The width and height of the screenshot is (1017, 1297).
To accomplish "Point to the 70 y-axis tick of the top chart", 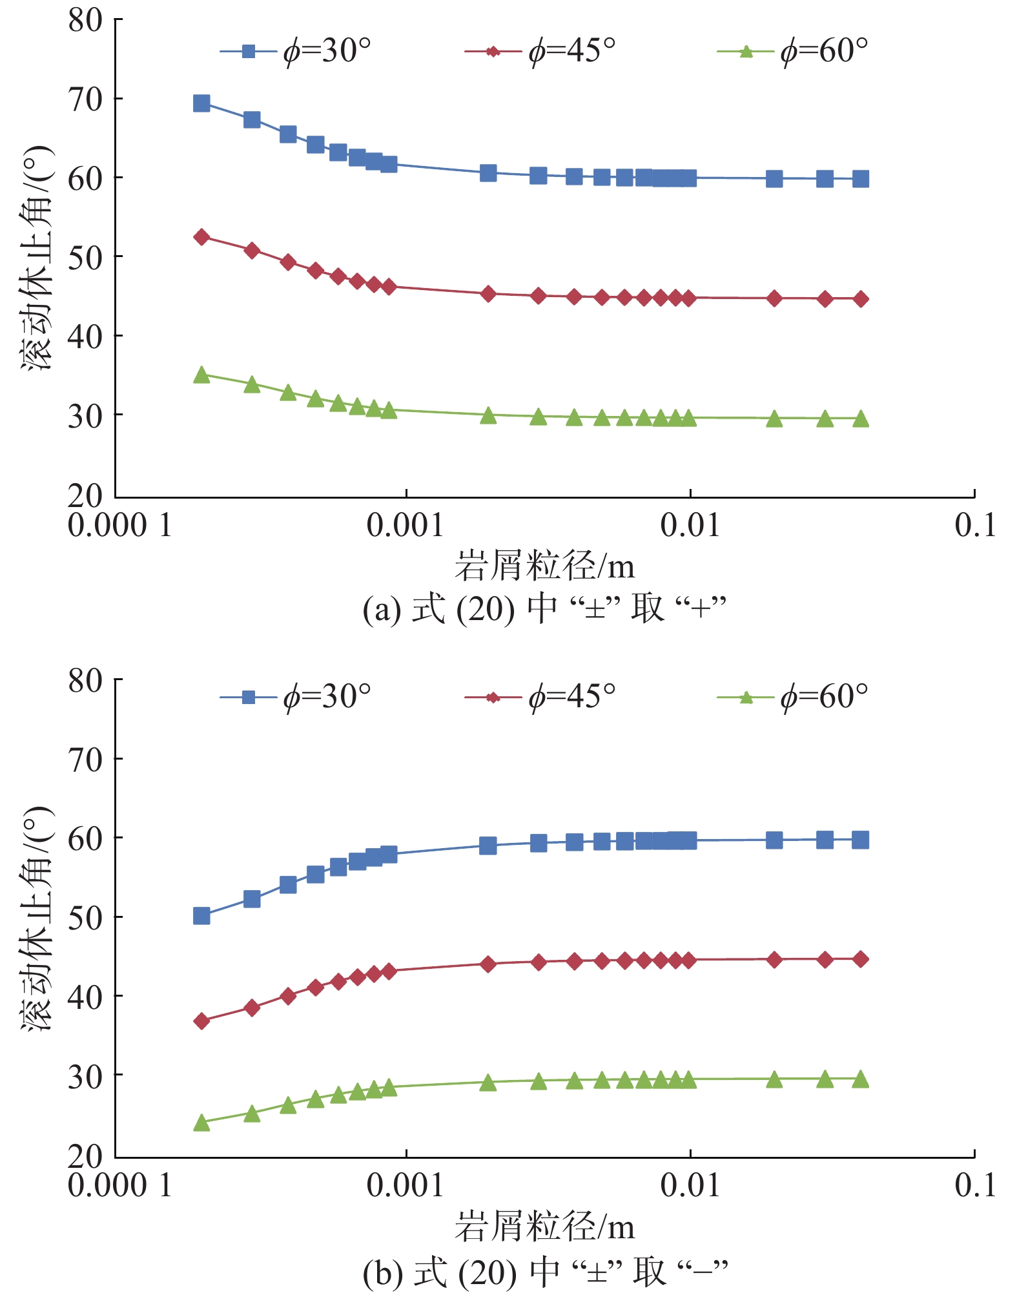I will [85, 99].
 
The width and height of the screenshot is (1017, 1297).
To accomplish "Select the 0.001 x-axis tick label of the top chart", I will [405, 525].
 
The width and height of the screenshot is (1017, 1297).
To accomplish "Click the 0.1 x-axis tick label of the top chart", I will [975, 525].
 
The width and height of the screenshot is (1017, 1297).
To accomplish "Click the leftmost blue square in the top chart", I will [201, 103].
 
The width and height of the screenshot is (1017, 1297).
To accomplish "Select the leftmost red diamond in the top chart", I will [201, 237].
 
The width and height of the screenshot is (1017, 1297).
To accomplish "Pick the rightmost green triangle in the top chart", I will [861, 419].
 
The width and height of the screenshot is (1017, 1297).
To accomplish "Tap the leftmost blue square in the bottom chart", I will [201, 916].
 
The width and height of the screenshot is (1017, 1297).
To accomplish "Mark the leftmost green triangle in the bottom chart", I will [201, 1123].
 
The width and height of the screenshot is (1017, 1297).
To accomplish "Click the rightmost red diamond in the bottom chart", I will [861, 959].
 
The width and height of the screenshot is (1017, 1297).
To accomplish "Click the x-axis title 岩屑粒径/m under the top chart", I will [544, 566].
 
